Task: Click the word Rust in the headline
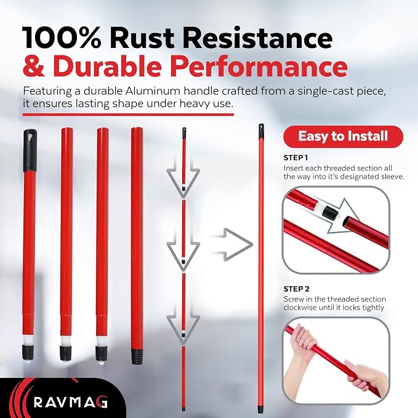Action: (x=144, y=38)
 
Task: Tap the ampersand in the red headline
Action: (x=34, y=66)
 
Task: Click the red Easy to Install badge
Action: (x=343, y=137)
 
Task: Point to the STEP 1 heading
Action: (x=295, y=158)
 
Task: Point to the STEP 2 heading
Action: (x=297, y=289)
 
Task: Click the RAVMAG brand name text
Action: (x=71, y=402)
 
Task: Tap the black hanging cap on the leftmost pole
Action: (x=30, y=150)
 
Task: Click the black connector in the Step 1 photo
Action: (x=331, y=213)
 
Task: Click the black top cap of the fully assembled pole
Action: (x=261, y=131)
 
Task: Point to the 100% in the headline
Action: (x=62, y=38)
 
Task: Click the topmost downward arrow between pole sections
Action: (x=183, y=177)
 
